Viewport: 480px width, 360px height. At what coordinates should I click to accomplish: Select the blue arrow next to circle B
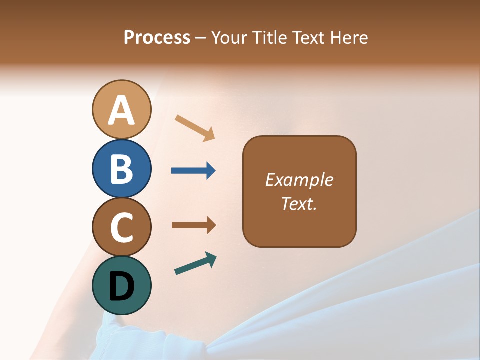pos(193,171)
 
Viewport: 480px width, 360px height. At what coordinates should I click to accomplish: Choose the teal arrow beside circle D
pos(195,264)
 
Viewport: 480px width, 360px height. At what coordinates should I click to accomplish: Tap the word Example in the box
pos(299,180)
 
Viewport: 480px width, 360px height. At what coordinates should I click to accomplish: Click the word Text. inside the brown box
pos(299,203)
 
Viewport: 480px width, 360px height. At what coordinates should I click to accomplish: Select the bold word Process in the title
pos(157,37)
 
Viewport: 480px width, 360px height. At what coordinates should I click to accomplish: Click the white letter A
pos(121,111)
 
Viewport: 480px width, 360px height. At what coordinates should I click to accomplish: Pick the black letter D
pos(121,286)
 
